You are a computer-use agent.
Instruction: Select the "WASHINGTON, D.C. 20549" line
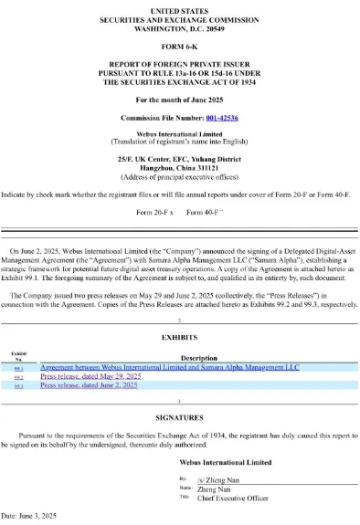179,28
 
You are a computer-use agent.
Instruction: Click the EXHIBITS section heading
179,337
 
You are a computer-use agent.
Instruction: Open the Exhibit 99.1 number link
18,367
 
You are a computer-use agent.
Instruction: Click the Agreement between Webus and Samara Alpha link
170,367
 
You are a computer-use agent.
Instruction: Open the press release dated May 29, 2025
90,376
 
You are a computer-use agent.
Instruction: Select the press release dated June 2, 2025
89,386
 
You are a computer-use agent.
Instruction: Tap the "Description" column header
199,358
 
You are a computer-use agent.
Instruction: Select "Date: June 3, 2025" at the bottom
30,517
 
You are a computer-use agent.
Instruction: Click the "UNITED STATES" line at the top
179,9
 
